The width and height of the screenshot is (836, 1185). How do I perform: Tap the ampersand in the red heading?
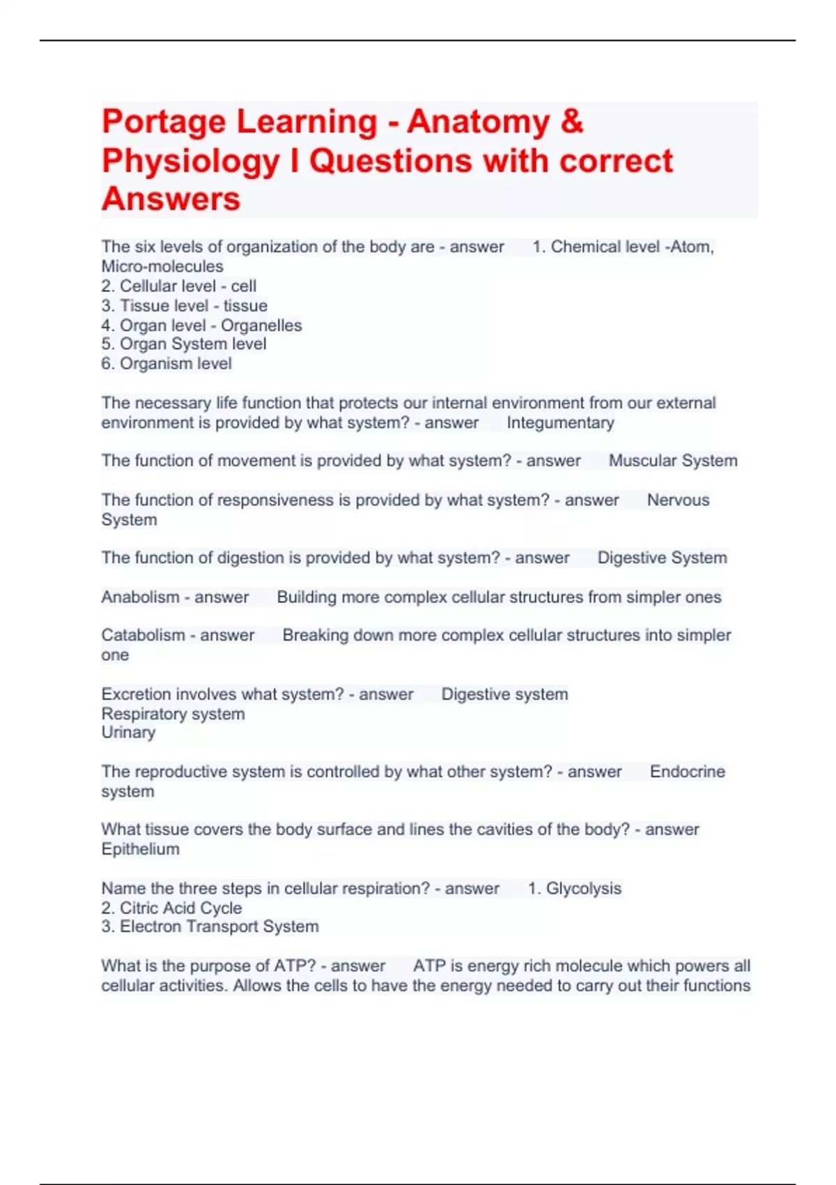coord(571,122)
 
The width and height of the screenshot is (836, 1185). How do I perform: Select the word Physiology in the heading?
coord(190,162)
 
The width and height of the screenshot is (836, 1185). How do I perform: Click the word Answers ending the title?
coord(171,199)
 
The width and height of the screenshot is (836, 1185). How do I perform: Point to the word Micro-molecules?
coord(162,266)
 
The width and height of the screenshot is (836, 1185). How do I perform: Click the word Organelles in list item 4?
coord(261,326)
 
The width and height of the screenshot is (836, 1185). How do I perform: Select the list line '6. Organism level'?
coord(167,364)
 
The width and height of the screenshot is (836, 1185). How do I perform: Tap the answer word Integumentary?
coord(560,423)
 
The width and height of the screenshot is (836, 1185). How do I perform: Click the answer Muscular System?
coord(672,461)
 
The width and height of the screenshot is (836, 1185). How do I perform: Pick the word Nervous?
coord(678,500)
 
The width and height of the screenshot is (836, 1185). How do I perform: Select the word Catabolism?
coord(143,636)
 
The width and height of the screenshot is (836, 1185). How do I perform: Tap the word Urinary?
coord(128,733)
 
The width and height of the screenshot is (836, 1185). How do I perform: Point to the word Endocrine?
coord(687,772)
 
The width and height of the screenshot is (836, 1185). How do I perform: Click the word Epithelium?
coord(140,849)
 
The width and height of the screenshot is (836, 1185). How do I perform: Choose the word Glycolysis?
coord(583,889)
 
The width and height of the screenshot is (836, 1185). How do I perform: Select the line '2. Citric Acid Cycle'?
coord(171,908)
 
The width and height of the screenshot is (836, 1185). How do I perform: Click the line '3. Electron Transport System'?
coord(210,927)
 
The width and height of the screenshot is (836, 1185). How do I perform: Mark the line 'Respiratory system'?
coord(173,714)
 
